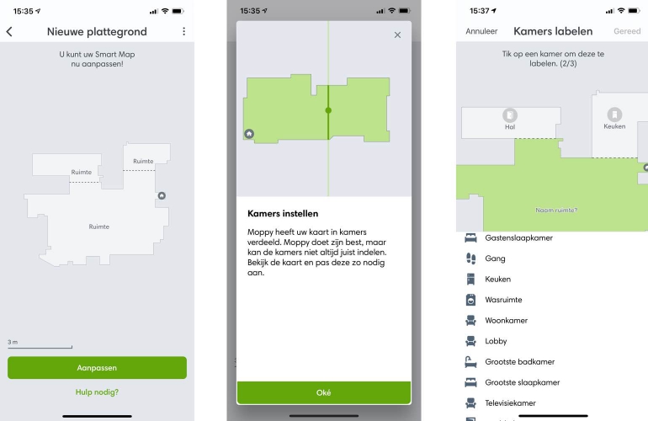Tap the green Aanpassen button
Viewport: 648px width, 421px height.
click(97, 368)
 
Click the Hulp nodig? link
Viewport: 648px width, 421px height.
click(97, 392)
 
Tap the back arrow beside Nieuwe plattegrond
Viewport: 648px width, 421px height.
click(9, 31)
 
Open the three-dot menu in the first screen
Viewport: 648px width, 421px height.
click(184, 31)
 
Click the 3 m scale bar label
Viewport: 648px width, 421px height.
click(13, 342)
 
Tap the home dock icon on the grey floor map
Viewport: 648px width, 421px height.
click(162, 195)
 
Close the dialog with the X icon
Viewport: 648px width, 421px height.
click(397, 35)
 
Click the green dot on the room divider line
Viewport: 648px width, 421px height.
click(328, 110)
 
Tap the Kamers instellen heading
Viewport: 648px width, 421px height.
click(283, 213)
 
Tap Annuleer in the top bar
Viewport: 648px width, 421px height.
click(481, 31)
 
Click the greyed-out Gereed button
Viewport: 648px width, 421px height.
click(627, 31)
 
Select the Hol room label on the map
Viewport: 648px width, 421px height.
click(510, 127)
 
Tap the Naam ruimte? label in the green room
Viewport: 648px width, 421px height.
click(556, 210)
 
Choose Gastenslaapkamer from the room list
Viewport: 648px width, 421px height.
click(518, 237)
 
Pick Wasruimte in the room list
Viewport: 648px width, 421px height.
click(503, 300)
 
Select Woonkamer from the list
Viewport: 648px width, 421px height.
click(507, 321)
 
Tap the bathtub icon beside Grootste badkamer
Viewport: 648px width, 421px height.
click(470, 362)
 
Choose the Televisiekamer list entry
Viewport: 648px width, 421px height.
click(510, 403)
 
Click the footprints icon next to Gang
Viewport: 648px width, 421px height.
click(470, 258)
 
